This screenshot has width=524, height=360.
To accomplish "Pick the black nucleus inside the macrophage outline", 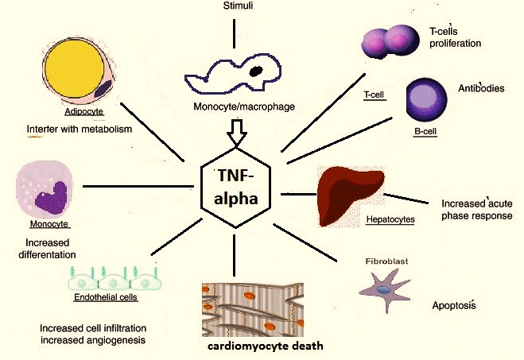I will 256,72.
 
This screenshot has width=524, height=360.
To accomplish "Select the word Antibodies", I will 481,88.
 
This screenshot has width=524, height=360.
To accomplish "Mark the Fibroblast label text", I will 386,261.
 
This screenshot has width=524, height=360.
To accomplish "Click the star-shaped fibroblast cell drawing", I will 385,289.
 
